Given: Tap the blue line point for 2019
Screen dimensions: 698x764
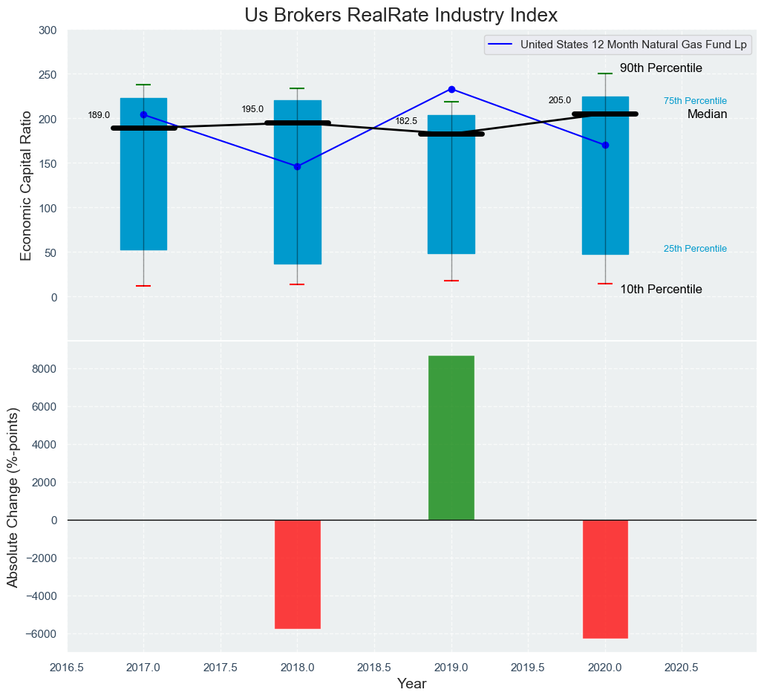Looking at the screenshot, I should (x=451, y=89).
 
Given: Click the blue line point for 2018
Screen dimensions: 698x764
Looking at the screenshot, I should (x=297, y=166).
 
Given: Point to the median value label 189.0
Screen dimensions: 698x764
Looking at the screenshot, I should (x=99, y=115).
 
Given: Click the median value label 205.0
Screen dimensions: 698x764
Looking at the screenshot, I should (x=560, y=100).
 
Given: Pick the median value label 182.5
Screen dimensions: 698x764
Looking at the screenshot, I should (x=406, y=121).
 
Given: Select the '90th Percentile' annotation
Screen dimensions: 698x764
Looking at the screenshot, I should (x=661, y=68).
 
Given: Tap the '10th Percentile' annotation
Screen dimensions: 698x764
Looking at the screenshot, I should (x=661, y=290).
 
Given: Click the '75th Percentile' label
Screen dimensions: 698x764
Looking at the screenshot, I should (x=695, y=101).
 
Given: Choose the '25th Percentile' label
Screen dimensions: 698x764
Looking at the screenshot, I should (x=695, y=249).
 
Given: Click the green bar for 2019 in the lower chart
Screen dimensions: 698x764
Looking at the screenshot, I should (x=451, y=438).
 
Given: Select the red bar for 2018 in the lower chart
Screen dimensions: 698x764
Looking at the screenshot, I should (x=297, y=574).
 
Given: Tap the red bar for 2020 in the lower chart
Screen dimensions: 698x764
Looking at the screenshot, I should (x=605, y=579).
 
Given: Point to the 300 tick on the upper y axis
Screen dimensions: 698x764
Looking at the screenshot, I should (x=48, y=30).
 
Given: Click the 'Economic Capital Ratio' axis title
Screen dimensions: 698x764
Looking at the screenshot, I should (x=27, y=185).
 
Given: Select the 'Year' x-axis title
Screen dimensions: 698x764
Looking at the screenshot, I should (x=411, y=684).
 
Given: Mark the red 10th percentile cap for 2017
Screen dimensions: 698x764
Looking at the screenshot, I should (x=143, y=286).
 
